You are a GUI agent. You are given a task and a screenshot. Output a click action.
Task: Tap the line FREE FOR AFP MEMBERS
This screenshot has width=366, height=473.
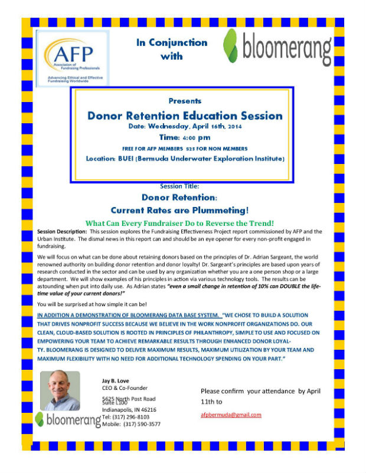point(155,148)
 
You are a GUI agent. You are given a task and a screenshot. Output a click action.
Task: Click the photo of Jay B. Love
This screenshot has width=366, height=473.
point(60,389)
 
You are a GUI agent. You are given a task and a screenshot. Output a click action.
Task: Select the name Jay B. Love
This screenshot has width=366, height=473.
point(115,380)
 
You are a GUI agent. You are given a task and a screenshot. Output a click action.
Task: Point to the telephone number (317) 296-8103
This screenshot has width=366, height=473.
point(135,416)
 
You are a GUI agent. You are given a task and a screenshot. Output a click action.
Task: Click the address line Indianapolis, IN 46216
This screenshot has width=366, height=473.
point(129,409)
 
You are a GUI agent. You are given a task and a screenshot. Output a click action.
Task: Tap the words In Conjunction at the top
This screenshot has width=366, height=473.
point(172,42)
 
